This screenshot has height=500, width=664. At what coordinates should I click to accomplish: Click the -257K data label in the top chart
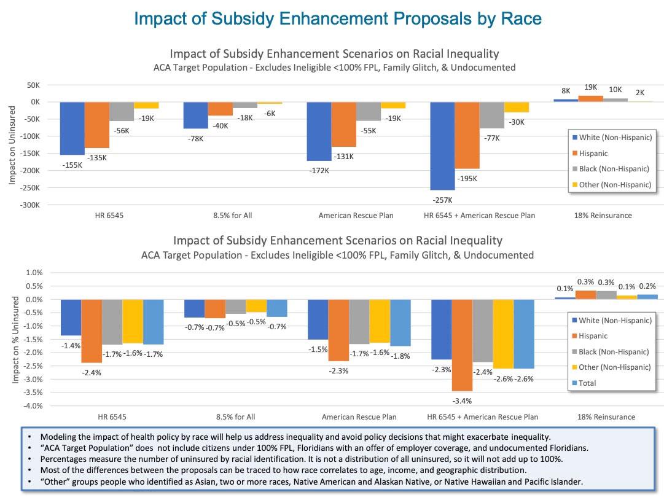(442, 200)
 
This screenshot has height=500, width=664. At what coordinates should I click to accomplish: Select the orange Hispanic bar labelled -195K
(467, 135)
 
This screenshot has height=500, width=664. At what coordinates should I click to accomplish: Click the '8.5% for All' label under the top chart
(234, 216)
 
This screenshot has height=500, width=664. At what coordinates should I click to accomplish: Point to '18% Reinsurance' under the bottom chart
(606, 417)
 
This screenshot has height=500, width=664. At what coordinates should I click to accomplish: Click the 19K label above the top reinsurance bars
(591, 88)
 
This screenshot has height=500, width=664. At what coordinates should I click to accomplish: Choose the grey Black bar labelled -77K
(491, 115)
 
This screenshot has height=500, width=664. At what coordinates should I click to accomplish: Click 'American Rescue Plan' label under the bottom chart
(359, 417)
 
